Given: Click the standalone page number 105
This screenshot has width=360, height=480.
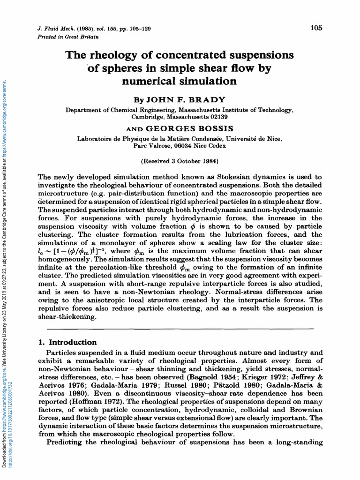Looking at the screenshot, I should (316, 28).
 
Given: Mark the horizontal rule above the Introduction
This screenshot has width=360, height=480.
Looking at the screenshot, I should (180, 330).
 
